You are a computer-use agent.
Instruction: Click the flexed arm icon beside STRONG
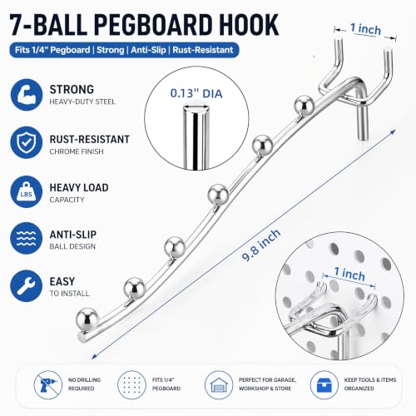coord(27,95)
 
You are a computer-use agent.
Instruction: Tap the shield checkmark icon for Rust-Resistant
coord(27,142)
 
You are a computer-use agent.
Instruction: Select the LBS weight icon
coord(27,191)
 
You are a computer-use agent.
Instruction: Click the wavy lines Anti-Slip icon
coord(27,238)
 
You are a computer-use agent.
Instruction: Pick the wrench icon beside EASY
coord(27,286)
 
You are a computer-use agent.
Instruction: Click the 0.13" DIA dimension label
coord(196,93)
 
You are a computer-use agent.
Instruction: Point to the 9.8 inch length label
coord(261,245)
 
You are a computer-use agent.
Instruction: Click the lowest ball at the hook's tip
coord(87,319)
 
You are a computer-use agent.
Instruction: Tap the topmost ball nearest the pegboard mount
coord(304,105)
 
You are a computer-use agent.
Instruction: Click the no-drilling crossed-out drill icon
coord(47,385)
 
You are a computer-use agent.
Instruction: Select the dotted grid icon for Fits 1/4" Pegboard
coord(131,385)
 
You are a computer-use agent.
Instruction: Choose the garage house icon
coord(219,385)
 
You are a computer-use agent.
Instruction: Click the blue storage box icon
coord(324,385)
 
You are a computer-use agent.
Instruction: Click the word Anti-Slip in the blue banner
coord(148,50)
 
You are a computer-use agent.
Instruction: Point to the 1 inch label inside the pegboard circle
coord(349,274)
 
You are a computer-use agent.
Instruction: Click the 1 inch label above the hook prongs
coord(365,29)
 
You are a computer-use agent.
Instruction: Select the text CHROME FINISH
coord(77,151)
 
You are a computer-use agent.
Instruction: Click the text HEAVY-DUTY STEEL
coord(82,102)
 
